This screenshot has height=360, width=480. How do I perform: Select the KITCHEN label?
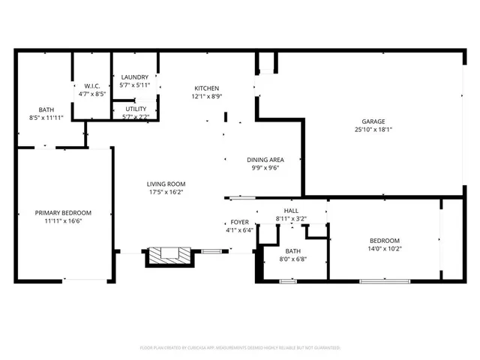[206, 88]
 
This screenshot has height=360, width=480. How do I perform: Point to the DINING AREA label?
[265, 160]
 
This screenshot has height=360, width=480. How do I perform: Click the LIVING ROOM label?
[166, 184]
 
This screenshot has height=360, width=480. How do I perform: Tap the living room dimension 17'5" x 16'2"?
[166, 192]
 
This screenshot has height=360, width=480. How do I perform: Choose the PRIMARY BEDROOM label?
[63, 212]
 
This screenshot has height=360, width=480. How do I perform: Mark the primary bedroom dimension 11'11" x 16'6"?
[63, 221]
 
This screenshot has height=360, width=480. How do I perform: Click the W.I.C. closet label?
[92, 85]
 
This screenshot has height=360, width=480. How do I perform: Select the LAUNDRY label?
[135, 77]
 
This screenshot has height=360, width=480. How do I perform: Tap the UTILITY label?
[136, 109]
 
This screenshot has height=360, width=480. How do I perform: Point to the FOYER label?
[239, 222]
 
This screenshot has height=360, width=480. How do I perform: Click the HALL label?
[291, 211]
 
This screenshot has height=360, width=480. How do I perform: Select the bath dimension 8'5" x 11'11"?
[46, 118]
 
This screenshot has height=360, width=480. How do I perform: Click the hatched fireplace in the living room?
[169, 256]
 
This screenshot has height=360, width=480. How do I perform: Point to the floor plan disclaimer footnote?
[240, 348]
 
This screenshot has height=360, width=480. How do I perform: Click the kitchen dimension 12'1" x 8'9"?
[206, 97]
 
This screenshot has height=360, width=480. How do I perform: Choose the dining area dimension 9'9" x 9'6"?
[265, 169]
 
